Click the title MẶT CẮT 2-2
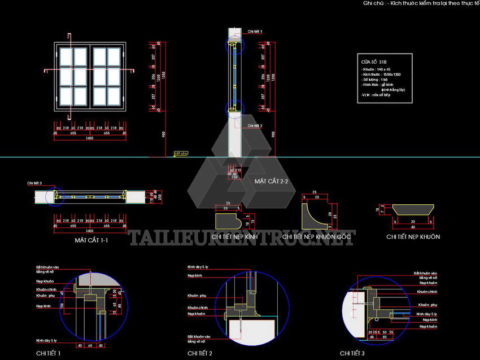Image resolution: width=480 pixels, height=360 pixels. pyautogui.click(x=271, y=181)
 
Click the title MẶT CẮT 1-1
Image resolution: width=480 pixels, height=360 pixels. pyautogui.click(x=91, y=240)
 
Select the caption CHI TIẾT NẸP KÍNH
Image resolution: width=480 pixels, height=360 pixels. pyautogui.click(x=234, y=237)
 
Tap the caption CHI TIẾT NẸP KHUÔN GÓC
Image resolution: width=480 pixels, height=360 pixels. pyautogui.click(x=318, y=237)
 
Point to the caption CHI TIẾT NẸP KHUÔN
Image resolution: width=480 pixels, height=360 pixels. pyautogui.click(x=413, y=237)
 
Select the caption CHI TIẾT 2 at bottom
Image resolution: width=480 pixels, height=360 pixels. pyautogui.click(x=200, y=353)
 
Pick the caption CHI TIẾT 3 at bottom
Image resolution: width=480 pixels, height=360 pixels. pyautogui.click(x=352, y=353)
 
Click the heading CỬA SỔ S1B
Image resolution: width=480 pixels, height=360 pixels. pyautogui.click(x=375, y=61)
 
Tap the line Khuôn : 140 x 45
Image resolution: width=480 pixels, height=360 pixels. pyautogui.click(x=377, y=69)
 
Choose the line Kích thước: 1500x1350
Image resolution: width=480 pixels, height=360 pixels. pyautogui.click(x=379, y=74)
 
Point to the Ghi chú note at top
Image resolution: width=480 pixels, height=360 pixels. pyautogui.click(x=421, y=3)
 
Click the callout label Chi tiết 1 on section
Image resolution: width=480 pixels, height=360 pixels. pyautogui.click(x=255, y=32)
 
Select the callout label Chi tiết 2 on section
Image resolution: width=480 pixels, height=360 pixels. pyautogui.click(x=255, y=126)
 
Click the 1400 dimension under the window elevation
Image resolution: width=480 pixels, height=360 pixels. pyautogui.click(x=89, y=138)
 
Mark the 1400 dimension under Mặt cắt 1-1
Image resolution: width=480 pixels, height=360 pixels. pyautogui.click(x=89, y=231)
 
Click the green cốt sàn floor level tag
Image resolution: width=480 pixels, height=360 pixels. pyautogui.click(x=180, y=153)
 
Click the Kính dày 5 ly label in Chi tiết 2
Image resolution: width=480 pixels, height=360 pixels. pyautogui.click(x=198, y=266)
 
